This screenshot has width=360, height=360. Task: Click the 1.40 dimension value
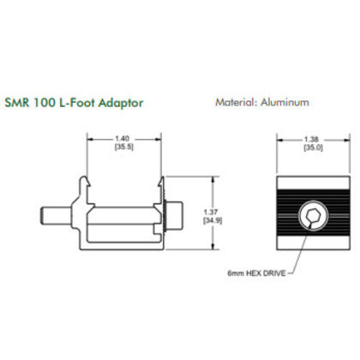(x=125, y=137)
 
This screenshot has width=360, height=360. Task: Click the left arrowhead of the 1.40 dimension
(x=93, y=141)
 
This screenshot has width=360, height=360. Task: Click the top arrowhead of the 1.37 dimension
(x=210, y=182)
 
